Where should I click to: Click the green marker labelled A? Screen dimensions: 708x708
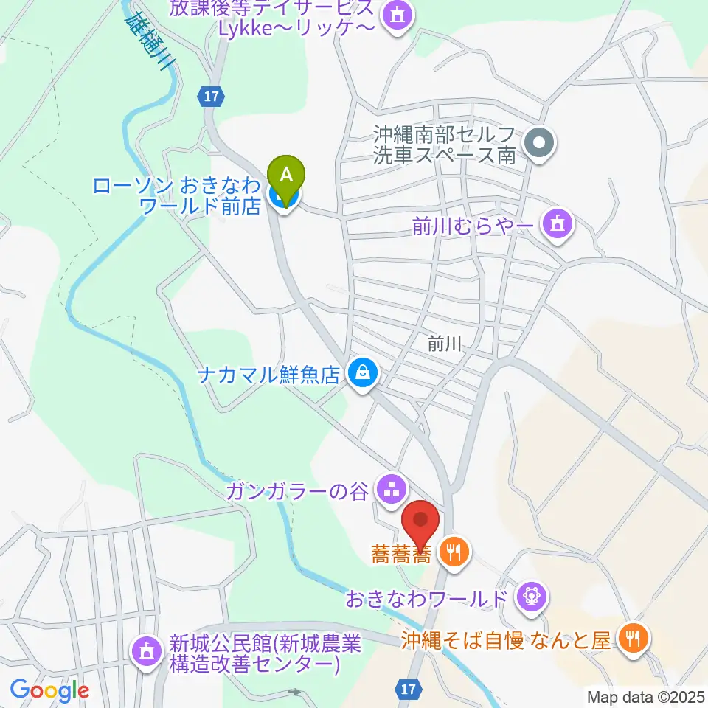point(288,176)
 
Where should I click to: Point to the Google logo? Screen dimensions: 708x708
point(50,691)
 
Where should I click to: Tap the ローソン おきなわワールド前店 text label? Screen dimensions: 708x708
point(177,195)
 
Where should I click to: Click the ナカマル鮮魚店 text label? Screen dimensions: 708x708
point(268,375)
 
